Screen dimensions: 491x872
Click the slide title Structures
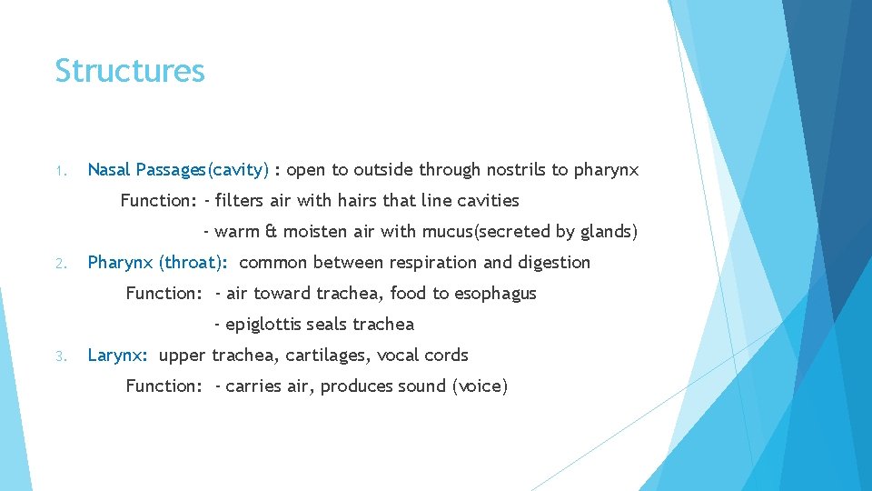(x=130, y=71)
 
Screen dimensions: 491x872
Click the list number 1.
(x=59, y=170)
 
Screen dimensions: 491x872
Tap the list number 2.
(x=59, y=264)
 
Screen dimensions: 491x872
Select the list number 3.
(x=59, y=356)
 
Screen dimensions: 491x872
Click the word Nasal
(x=109, y=169)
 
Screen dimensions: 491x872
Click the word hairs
(x=364, y=200)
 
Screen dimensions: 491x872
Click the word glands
(x=604, y=231)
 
